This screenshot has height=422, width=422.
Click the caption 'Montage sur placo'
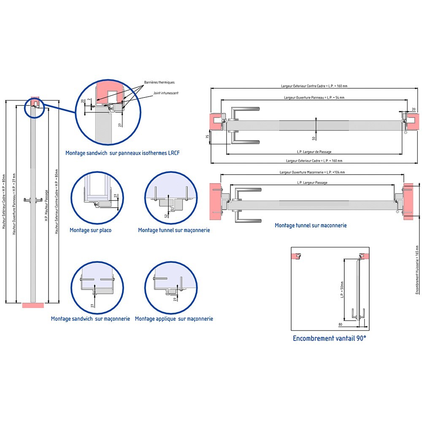pyautogui.click(x=90, y=230)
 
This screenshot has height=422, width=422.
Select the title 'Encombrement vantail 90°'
pyautogui.click(x=330, y=338)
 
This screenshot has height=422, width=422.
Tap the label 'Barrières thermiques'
pyautogui.click(x=159, y=82)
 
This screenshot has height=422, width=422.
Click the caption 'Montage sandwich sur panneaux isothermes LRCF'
pyautogui.click(x=122, y=153)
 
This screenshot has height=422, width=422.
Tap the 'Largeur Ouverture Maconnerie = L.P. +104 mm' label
pyautogui.click(x=312, y=172)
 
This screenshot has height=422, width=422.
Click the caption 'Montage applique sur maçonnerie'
pyautogui.click(x=174, y=319)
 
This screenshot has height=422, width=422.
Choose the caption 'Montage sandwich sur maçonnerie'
pyautogui.click(x=90, y=319)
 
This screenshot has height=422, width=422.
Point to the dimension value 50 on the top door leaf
pyautogui.click(x=314, y=138)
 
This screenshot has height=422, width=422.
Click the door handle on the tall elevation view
pyautogui.click(x=32, y=200)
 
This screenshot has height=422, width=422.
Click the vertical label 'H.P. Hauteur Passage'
pyautogui.click(x=46, y=206)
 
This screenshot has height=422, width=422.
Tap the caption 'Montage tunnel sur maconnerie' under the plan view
pyautogui.click(x=311, y=225)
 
